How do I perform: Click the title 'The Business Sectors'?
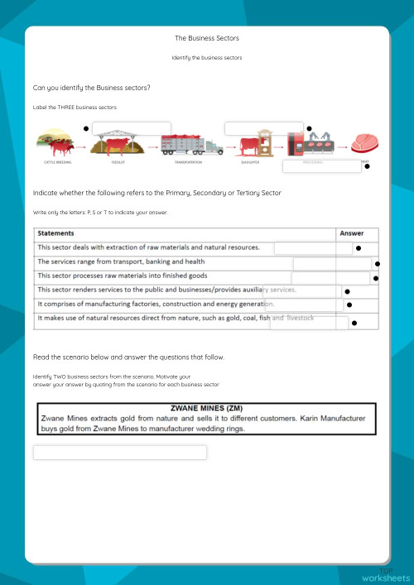(x=207, y=38)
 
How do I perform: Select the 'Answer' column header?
(x=352, y=233)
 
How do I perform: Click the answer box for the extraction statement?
(x=313, y=247)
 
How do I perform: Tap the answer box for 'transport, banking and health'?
(x=332, y=263)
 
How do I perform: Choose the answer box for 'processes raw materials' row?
(x=330, y=278)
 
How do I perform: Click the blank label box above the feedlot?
(x=132, y=127)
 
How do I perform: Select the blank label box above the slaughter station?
(x=263, y=127)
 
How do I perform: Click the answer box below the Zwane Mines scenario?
(x=120, y=452)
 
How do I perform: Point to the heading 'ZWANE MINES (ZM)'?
(x=207, y=409)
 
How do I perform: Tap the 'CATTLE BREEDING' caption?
(x=57, y=163)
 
